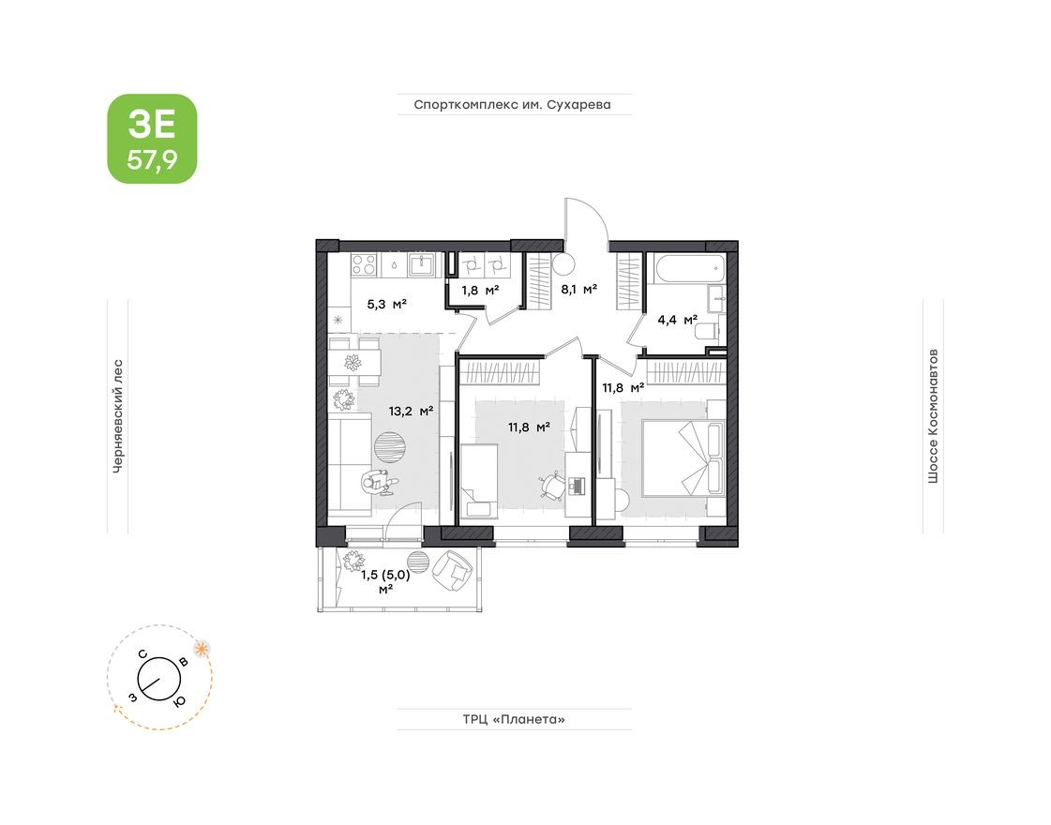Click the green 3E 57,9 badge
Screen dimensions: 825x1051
tap(152, 138)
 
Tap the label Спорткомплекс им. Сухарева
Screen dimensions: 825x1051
tap(512, 105)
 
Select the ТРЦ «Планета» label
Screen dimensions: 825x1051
tap(514, 720)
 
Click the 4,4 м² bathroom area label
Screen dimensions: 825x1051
tap(677, 320)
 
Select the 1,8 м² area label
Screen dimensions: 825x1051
tap(479, 290)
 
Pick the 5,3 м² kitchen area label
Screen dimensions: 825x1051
tap(385, 303)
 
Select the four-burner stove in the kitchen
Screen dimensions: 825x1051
tap(365, 265)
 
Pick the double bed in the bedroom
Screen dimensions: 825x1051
tap(682, 457)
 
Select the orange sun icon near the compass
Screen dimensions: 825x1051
tap(201, 648)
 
